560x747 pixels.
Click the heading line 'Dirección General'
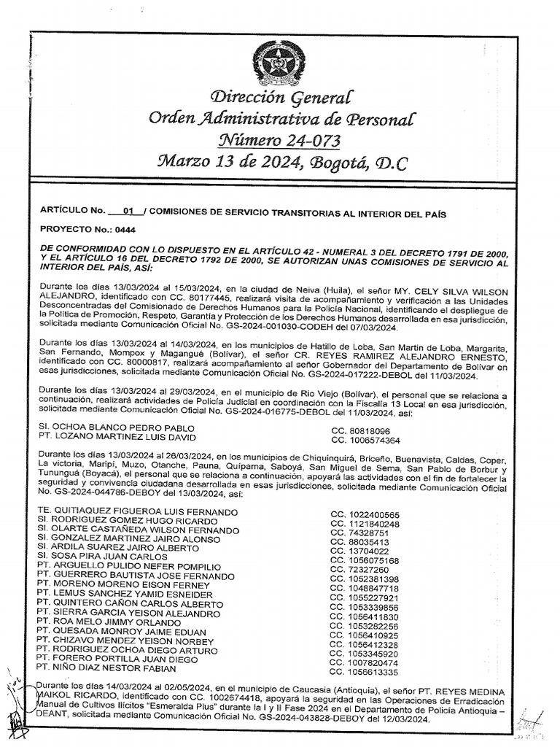(x=280, y=97)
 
